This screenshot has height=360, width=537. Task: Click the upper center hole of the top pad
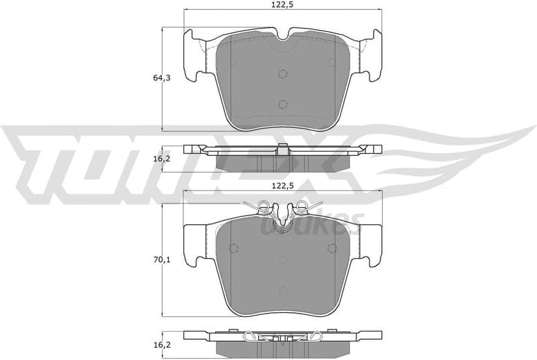coord(282,74)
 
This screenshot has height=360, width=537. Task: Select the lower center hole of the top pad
coord(282,104)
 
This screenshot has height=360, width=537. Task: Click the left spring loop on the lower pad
coord(263,205)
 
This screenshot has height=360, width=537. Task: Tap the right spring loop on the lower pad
coord(300,205)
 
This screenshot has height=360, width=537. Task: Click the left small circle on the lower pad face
coord(233,247)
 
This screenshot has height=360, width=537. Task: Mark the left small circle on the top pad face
coord(233,62)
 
